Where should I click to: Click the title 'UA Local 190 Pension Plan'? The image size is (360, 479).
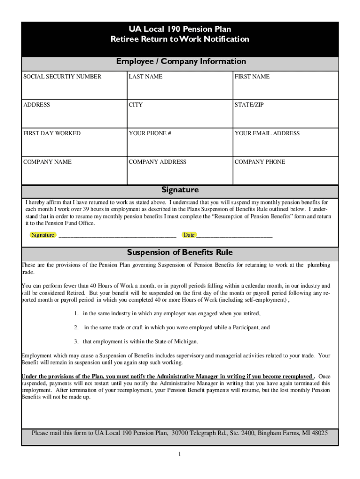pos(180,29)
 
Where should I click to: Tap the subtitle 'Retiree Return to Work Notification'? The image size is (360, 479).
pos(180,39)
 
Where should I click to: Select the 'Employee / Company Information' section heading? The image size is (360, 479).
pos(181,62)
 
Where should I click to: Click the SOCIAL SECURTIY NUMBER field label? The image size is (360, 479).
pos(62,77)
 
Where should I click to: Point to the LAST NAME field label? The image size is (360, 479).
pos(145,77)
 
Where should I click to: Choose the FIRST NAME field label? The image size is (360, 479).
pos(252,77)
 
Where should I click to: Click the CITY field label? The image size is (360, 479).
pos(136,105)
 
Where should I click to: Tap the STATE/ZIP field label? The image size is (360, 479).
pos(249,105)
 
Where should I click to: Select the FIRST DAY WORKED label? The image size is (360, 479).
pos(52,133)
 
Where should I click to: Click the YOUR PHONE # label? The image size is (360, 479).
pos(150,133)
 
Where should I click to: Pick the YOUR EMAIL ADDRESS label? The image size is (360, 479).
pos(267,133)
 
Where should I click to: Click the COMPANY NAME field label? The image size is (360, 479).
pos(48,162)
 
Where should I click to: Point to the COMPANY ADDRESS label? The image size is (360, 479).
pos(158,162)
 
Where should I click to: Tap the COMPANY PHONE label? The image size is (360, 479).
pos(259,162)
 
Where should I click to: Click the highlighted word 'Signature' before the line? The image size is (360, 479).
pos(43,235)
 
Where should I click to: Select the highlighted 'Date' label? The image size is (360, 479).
pos(189,235)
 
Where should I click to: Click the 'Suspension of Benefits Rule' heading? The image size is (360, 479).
pos(180,253)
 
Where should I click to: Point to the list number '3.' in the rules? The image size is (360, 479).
pos(76,341)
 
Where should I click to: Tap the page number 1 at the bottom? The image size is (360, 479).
pos(180,454)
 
